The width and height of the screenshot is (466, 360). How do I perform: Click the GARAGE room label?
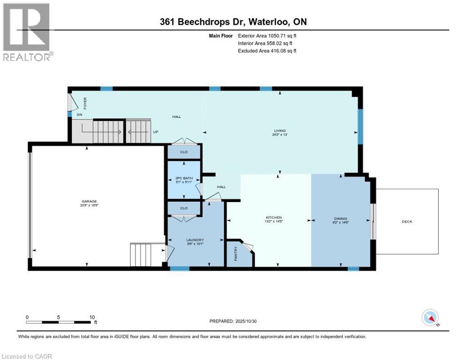tap(89, 201)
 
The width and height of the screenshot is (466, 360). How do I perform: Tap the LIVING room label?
tap(280, 131)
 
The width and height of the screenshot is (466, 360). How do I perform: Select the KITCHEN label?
tap(273, 217)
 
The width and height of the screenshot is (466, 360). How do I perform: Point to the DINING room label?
tap(341, 217)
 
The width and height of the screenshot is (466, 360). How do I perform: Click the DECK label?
tap(407, 222)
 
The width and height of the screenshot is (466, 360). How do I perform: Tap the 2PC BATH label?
tap(183, 179)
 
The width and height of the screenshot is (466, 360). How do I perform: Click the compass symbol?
tap(429, 318)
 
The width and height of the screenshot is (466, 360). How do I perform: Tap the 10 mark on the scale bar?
tap(91, 317)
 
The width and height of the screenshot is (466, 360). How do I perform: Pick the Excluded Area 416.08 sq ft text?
tap(267, 51)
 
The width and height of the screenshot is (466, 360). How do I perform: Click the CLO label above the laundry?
tap(184, 208)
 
